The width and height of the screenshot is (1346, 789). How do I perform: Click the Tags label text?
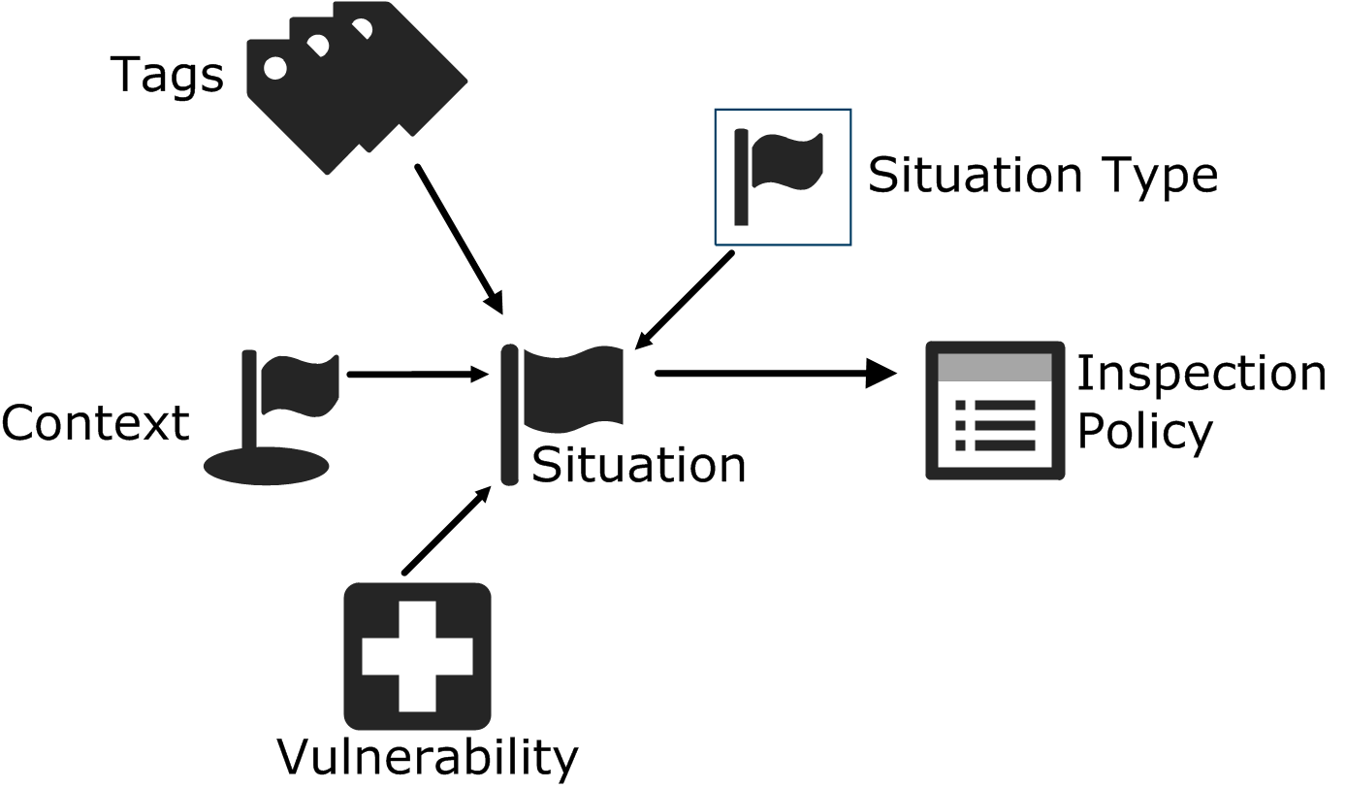tap(167, 75)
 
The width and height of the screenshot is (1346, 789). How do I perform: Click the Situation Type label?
tap(1042, 176)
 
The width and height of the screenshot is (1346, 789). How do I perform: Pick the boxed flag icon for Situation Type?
tap(783, 177)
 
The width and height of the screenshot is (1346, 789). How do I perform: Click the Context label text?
tap(95, 423)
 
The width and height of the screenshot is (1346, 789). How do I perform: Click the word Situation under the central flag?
tap(638, 465)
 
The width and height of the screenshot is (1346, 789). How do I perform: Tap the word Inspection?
tap(1201, 374)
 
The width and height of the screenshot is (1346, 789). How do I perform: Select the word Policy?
tap(1145, 431)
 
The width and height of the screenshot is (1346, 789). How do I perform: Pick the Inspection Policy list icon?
tap(995, 411)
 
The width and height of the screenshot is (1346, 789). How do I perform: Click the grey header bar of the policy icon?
tap(995, 368)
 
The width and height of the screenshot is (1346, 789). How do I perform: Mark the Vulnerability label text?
tap(428, 756)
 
